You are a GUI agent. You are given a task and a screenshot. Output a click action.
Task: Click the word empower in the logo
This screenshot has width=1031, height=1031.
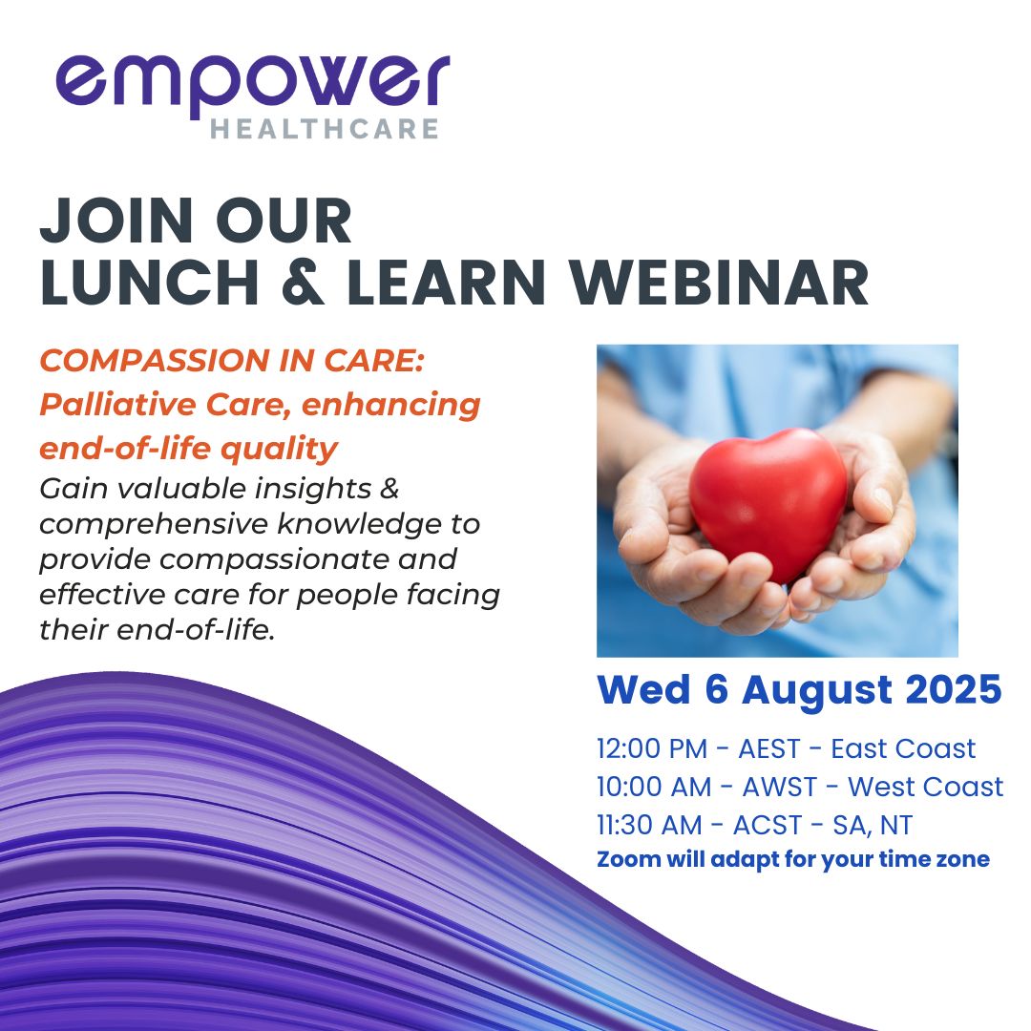click(253, 86)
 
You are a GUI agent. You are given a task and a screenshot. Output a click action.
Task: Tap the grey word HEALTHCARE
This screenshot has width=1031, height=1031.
click(325, 129)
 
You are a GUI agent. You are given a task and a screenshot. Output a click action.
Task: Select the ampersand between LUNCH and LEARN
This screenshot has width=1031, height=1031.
click(302, 282)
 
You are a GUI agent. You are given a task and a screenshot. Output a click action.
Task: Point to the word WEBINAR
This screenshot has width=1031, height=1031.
click(719, 282)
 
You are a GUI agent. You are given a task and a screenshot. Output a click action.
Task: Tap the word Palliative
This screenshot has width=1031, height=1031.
click(117, 405)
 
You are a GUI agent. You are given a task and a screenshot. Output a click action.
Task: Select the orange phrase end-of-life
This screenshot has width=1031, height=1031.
click(125, 449)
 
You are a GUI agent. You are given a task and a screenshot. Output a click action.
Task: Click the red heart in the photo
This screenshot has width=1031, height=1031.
click(768, 502)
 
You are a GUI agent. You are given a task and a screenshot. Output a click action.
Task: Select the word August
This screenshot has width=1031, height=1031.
click(817, 691)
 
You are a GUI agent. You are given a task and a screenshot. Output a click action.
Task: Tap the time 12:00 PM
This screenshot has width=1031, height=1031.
click(652, 749)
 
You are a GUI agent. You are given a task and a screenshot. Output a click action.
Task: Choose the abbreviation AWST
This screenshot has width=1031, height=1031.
click(780, 787)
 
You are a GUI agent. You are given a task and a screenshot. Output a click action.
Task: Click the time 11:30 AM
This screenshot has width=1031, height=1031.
click(649, 825)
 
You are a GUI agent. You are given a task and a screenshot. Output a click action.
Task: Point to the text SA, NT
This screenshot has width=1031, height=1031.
click(873, 826)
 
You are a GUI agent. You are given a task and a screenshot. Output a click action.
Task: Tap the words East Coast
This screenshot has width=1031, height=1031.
click(903, 749)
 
